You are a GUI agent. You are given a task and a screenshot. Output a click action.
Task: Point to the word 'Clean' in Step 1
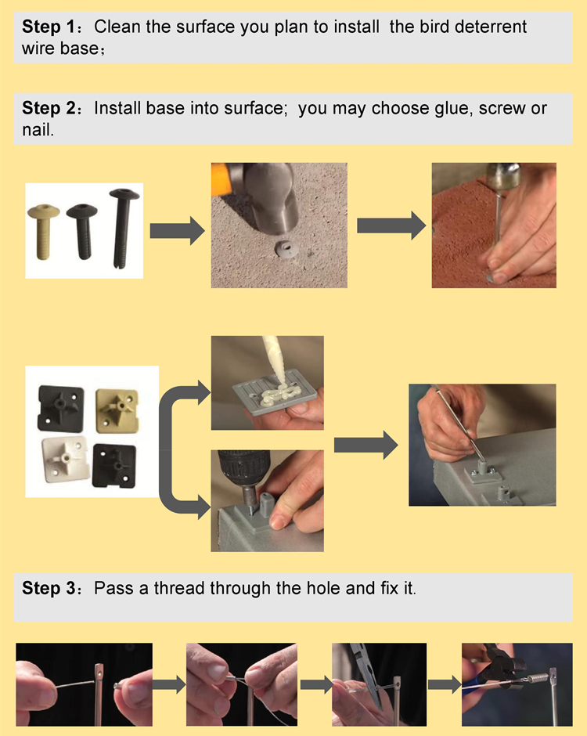[118, 27]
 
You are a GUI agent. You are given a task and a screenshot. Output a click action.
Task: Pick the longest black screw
[121, 227]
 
